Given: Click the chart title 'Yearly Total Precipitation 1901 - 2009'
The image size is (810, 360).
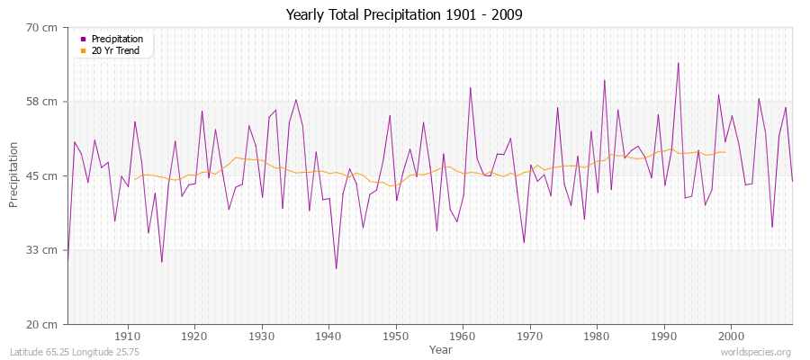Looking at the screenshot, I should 404,15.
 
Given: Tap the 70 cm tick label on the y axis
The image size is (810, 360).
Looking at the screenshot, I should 42,28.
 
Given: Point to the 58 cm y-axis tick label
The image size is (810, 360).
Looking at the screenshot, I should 42,102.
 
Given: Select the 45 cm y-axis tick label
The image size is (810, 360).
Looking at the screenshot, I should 42,175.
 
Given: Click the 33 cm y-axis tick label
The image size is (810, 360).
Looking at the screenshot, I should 42,249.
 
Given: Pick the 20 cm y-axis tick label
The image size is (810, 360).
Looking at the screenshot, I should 42,323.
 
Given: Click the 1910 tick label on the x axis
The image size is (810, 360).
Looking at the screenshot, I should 128,337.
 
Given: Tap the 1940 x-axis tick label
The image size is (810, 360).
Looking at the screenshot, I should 328,337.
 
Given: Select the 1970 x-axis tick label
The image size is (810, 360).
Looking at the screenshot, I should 530,337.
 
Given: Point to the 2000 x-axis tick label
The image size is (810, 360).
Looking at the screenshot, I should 731,337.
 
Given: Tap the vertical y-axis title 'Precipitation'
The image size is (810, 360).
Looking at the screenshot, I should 14,175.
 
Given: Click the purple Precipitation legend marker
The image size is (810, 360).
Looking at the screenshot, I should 84,40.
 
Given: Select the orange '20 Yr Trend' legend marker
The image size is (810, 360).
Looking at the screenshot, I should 84,50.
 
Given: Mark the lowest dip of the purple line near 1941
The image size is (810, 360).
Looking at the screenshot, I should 336,268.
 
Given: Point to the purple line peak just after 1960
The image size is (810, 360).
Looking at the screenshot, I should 470,87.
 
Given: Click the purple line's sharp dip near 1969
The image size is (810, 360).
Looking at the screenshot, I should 524,242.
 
